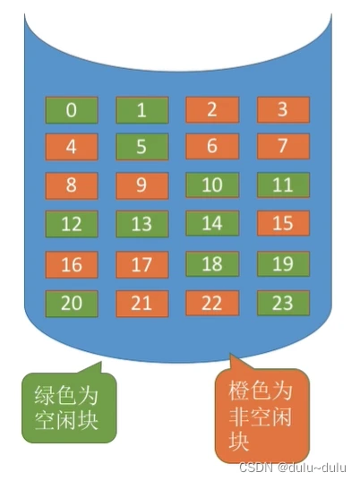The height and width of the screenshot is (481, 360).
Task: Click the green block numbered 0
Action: [x=72, y=110]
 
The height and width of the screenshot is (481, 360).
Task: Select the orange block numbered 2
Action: [x=212, y=109]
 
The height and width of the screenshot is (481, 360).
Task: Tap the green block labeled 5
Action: [x=142, y=147]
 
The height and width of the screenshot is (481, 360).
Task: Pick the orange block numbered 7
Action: [x=283, y=146]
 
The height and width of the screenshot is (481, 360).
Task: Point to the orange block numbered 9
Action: [x=142, y=185]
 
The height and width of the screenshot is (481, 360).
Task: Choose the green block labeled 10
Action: [x=212, y=185]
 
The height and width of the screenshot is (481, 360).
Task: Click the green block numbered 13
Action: [x=142, y=224]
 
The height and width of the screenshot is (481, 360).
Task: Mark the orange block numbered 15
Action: [x=283, y=223]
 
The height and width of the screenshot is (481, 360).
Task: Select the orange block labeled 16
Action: [x=72, y=264]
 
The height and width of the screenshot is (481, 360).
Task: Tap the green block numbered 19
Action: [x=283, y=263]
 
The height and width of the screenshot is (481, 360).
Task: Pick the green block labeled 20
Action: [x=72, y=304]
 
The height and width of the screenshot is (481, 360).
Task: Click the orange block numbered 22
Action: [x=212, y=303]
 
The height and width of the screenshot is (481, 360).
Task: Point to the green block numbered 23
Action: [x=283, y=303]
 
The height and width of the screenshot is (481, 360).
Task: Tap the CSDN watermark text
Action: [x=293, y=468]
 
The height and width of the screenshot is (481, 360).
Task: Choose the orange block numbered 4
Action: [x=72, y=147]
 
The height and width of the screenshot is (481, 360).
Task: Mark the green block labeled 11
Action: [x=283, y=185]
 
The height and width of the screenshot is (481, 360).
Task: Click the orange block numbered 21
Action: [x=142, y=304]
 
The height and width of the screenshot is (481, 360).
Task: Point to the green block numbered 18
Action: [x=212, y=263]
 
